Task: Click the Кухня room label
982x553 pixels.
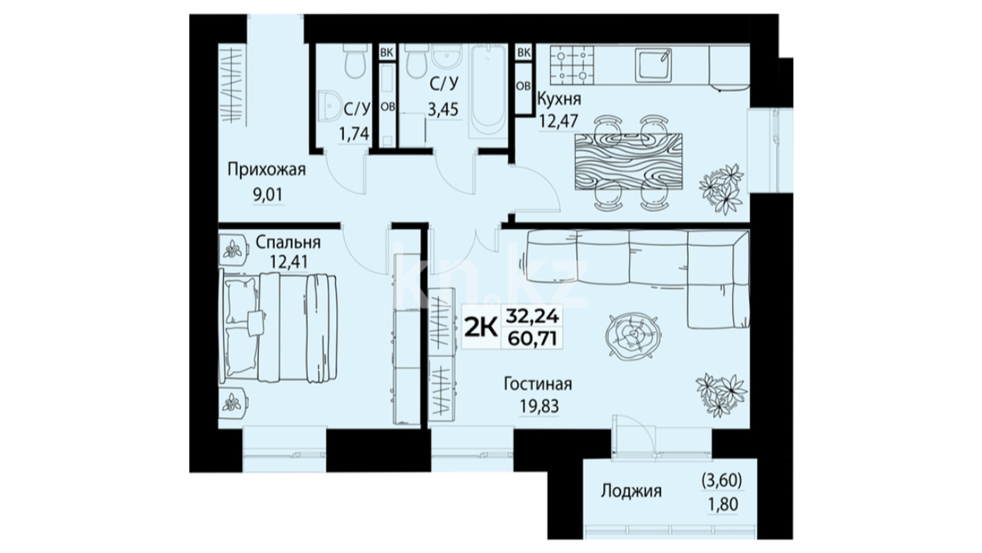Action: click(559, 99)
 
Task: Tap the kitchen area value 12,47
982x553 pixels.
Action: click(559, 121)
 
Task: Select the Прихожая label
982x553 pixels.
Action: click(266, 169)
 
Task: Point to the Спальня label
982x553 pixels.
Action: click(288, 242)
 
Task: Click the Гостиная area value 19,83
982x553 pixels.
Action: click(539, 407)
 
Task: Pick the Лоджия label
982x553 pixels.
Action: click(631, 491)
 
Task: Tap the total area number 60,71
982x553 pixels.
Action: click(532, 338)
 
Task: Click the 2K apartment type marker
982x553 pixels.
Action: click(480, 327)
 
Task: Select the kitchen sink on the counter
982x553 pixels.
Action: click(653, 65)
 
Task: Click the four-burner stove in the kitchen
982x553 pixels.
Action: click(572, 65)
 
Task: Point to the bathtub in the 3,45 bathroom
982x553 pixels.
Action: click(487, 92)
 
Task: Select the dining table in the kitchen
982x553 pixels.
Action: click(628, 162)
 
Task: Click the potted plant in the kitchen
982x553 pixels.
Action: click(721, 187)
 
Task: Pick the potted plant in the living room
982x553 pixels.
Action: click(721, 393)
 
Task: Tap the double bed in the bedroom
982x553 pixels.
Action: click(279, 328)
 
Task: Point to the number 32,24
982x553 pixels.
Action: click(532, 316)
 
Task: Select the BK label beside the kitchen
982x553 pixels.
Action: click(523, 52)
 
